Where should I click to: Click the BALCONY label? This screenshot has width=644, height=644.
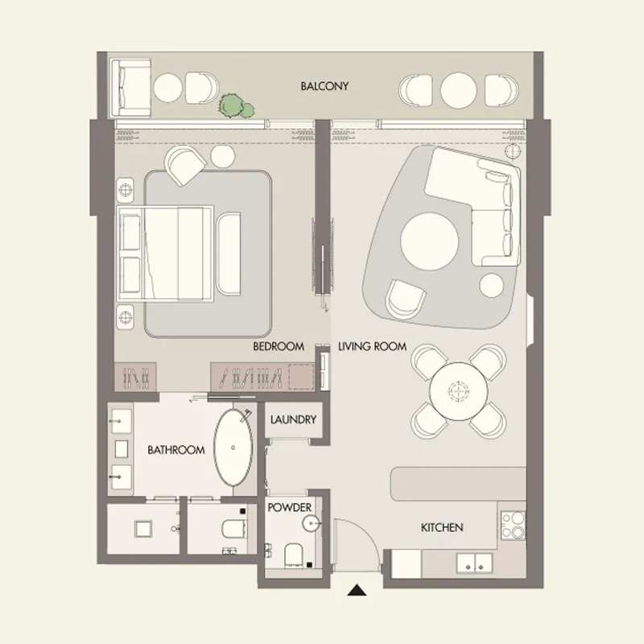click(324, 86)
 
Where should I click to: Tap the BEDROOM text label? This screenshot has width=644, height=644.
click(278, 347)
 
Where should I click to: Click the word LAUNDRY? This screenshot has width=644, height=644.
click(293, 420)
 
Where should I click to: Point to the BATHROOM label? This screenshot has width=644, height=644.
click(175, 450)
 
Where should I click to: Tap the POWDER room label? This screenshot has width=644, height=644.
click(290, 509)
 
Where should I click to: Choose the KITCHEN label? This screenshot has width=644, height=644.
click(442, 528)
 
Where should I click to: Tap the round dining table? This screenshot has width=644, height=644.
click(459, 390)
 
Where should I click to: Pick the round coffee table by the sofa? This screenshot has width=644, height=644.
click(431, 240)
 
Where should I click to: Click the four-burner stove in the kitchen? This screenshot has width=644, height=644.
click(512, 524)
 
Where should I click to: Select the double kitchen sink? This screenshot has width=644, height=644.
click(475, 563)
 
